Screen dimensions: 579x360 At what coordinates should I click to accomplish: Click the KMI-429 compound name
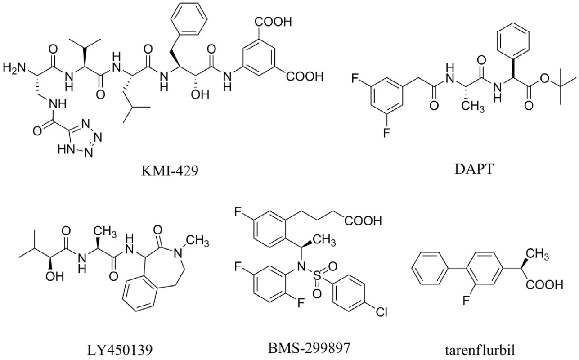pos(170,171)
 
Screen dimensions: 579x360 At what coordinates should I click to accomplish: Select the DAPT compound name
pos(474,169)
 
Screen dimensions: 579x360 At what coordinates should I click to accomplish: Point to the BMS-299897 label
pos(309,348)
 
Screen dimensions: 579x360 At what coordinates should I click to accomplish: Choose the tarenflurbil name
pos(480,350)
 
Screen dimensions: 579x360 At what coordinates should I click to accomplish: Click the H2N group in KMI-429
pos(14,68)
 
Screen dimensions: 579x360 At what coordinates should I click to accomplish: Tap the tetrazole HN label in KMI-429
pos(66,149)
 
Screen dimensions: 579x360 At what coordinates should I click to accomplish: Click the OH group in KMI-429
pos(200,95)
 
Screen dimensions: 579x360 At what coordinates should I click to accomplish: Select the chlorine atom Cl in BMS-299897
pos(381,312)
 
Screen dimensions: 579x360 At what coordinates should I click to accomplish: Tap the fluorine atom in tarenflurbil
pos(466,301)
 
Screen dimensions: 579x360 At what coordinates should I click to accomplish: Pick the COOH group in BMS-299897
pos(363,221)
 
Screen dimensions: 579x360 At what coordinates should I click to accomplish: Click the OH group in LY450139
pos(54,276)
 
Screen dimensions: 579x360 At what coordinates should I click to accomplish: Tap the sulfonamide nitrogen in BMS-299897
pos(301,266)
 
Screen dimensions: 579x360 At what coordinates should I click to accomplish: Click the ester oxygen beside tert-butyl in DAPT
pos(544,79)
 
